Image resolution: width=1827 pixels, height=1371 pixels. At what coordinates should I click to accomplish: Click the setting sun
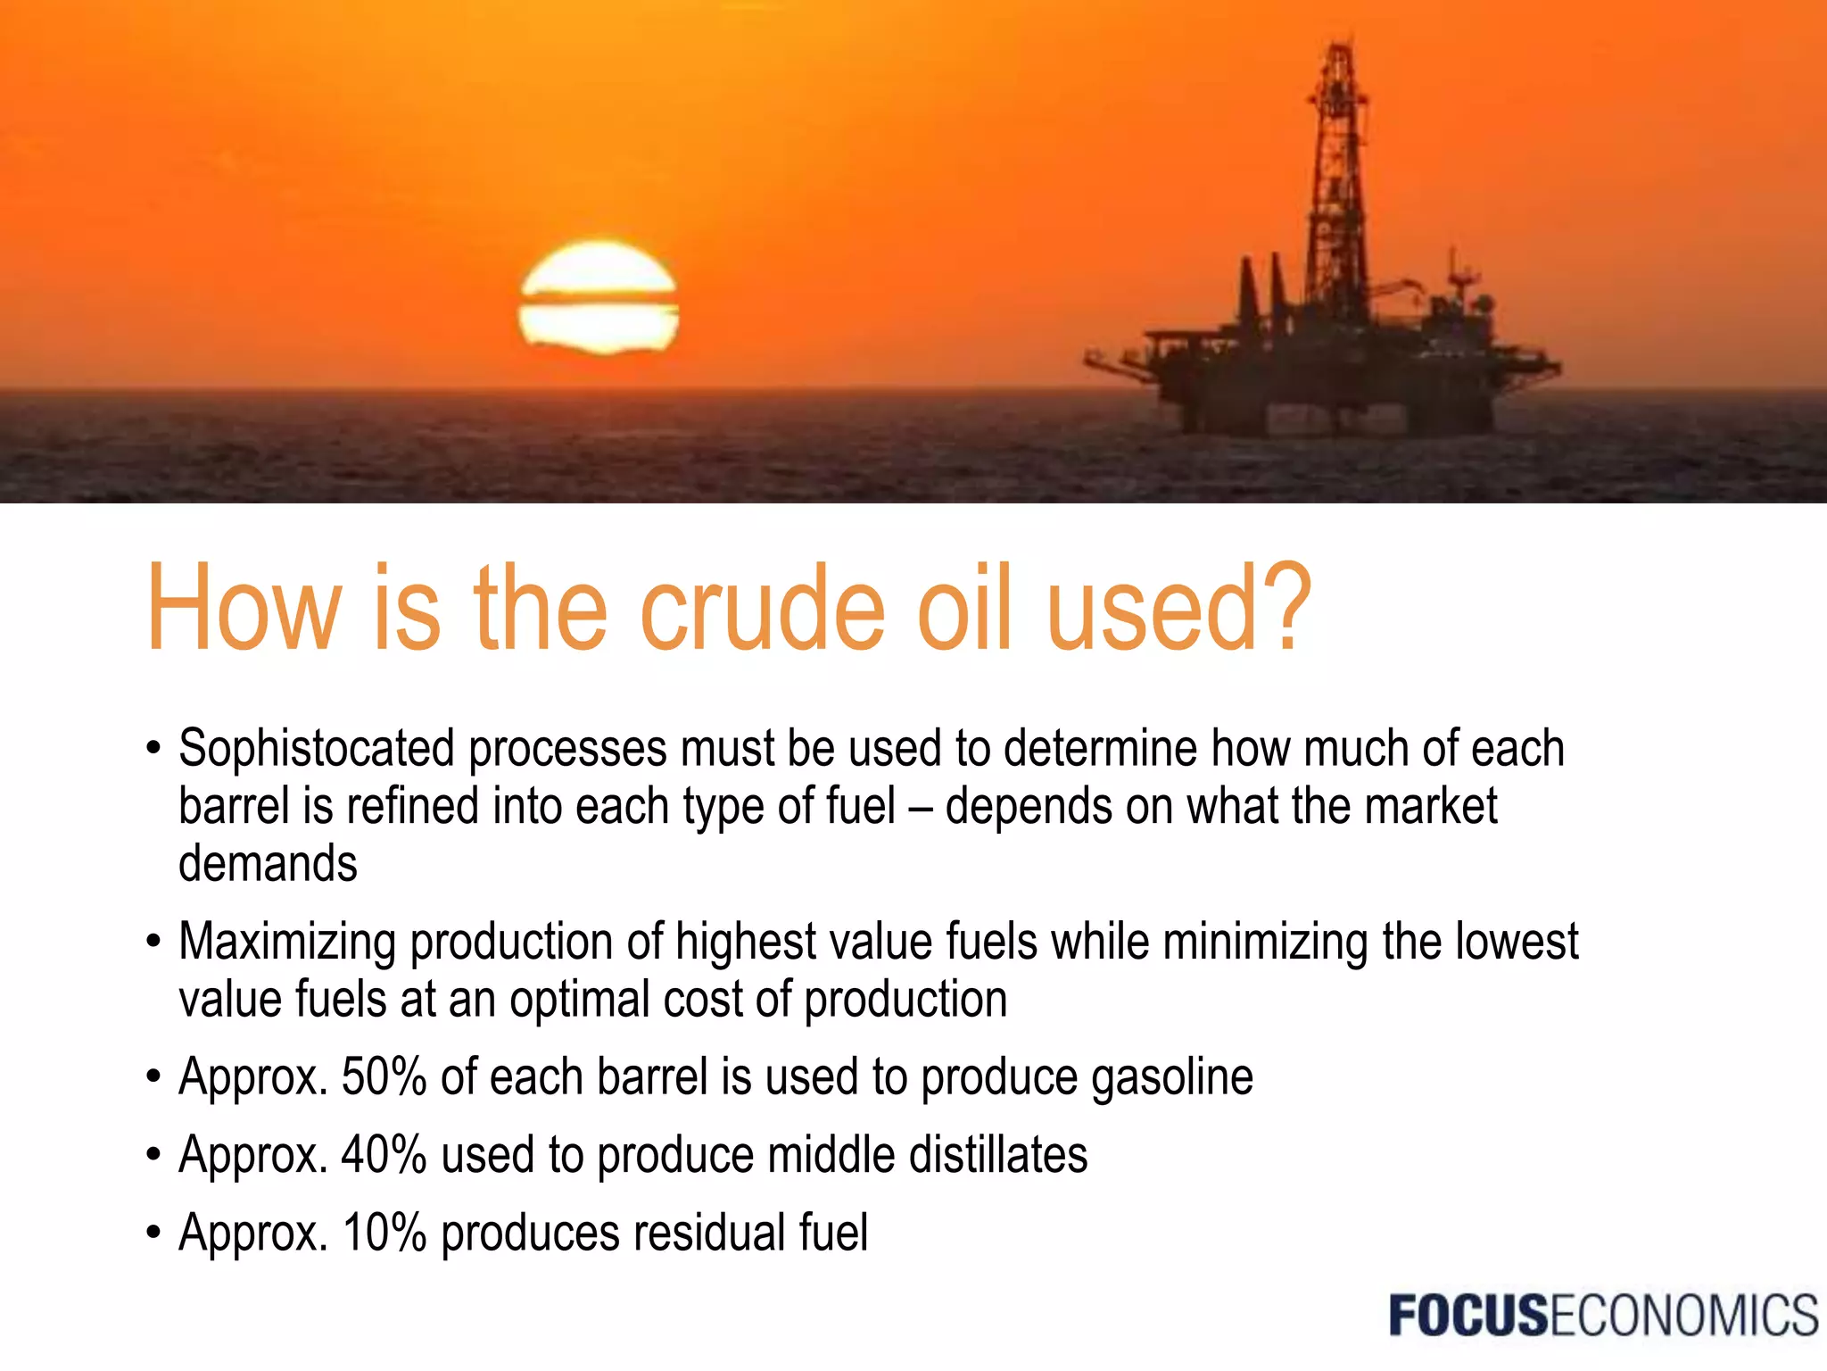pos(599,298)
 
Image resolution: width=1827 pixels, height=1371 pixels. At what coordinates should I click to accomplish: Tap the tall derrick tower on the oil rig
pos(1336,179)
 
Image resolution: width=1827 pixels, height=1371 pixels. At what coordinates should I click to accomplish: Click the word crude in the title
pos(764,609)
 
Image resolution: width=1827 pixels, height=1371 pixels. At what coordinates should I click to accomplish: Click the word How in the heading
pos(244,609)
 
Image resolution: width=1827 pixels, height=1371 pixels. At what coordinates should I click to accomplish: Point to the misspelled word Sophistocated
pos(316,750)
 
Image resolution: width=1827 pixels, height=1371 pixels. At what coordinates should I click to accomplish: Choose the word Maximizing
pos(286,943)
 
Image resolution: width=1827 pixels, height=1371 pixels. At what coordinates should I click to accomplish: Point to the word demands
pos(268,864)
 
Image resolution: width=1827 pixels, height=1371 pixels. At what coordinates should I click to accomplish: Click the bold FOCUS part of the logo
pos(1468,1316)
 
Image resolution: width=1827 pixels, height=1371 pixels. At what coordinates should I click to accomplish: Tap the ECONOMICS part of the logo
pos(1683,1316)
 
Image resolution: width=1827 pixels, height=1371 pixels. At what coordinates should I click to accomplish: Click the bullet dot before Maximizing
pos(153,942)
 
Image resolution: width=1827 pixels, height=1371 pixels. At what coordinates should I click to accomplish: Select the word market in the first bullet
pos(1430,806)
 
